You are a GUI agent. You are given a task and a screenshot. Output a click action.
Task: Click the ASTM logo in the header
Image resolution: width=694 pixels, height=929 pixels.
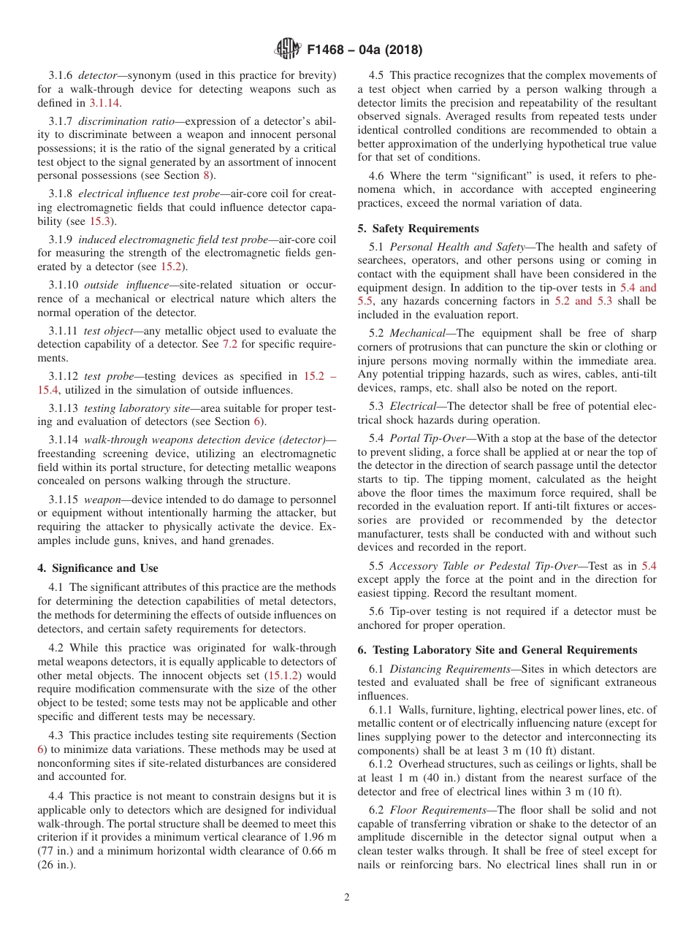click(x=287, y=49)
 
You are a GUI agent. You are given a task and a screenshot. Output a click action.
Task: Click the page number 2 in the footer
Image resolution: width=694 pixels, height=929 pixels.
click(x=347, y=898)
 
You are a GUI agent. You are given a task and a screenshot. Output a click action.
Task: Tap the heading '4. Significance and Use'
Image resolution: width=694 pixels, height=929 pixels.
click(x=98, y=567)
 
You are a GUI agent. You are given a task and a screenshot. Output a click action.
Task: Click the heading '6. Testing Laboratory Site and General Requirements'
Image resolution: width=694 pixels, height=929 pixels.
click(x=497, y=650)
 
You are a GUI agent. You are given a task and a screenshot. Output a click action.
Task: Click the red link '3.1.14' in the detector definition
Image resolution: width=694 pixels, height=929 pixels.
click(x=104, y=103)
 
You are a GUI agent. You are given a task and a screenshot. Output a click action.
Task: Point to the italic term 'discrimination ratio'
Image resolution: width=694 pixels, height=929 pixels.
click(x=126, y=121)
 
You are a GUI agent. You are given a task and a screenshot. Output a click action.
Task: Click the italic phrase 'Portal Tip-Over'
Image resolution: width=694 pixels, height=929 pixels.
click(x=424, y=437)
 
